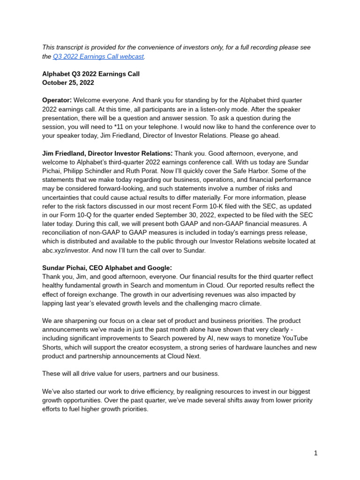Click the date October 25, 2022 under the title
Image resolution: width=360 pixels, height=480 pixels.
click(x=68, y=82)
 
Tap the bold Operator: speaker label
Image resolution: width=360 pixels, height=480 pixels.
click(x=57, y=100)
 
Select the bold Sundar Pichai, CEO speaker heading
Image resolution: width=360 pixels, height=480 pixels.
click(x=107, y=268)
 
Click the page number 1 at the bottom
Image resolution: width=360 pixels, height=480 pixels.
click(x=316, y=453)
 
